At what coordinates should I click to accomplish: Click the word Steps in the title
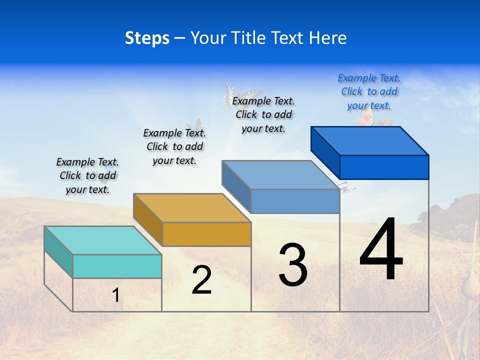pyautogui.click(x=147, y=38)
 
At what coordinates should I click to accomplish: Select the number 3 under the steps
pyautogui.click(x=293, y=265)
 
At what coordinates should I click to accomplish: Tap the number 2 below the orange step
pyautogui.click(x=201, y=280)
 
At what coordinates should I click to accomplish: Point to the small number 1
pyautogui.click(x=116, y=295)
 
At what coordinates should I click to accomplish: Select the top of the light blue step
pyautogui.click(x=280, y=175)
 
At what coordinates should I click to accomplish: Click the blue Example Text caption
pyautogui.click(x=369, y=92)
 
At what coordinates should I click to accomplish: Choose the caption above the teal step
pyautogui.click(x=87, y=175)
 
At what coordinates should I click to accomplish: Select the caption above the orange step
pyautogui.click(x=174, y=146)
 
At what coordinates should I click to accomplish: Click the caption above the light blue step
pyautogui.click(x=263, y=114)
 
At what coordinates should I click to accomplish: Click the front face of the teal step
pyautogui.click(x=117, y=266)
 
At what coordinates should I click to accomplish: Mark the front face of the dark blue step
pyautogui.click(x=384, y=167)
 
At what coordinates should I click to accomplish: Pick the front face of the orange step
pyautogui.click(x=206, y=234)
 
